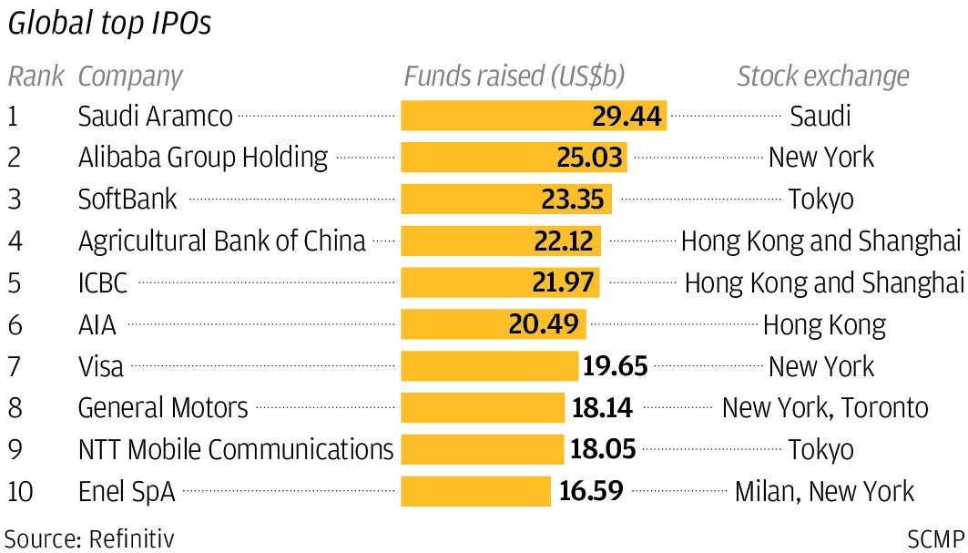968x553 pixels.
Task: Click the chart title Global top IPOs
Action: pyautogui.click(x=109, y=25)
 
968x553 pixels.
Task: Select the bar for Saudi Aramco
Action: pyautogui.click(x=534, y=116)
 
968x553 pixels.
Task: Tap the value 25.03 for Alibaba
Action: pyautogui.click(x=589, y=158)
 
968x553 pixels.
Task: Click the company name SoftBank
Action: pyautogui.click(x=127, y=200)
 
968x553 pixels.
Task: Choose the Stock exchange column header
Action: pyautogui.click(x=822, y=76)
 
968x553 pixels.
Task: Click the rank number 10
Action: pyautogui.click(x=21, y=492)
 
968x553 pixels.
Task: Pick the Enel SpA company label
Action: pyautogui.click(x=127, y=492)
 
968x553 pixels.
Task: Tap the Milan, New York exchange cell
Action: pyautogui.click(x=824, y=492)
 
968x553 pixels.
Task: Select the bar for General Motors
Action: pyautogui.click(x=483, y=408)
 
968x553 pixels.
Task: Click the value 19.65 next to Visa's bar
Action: pyautogui.click(x=615, y=366)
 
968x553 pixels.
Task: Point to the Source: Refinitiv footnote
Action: pyautogui.click(x=89, y=538)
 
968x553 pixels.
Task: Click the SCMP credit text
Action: pyautogui.click(x=934, y=538)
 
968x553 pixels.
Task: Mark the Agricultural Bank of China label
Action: pyautogui.click(x=221, y=241)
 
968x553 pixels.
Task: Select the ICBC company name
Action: pyautogui.click(x=103, y=283)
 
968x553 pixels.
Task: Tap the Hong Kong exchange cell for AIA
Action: pyautogui.click(x=823, y=324)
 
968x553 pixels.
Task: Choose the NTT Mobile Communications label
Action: pyautogui.click(x=236, y=450)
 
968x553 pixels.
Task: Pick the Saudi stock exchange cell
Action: pyautogui.click(x=820, y=116)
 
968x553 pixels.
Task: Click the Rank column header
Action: pyautogui.click(x=36, y=76)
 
